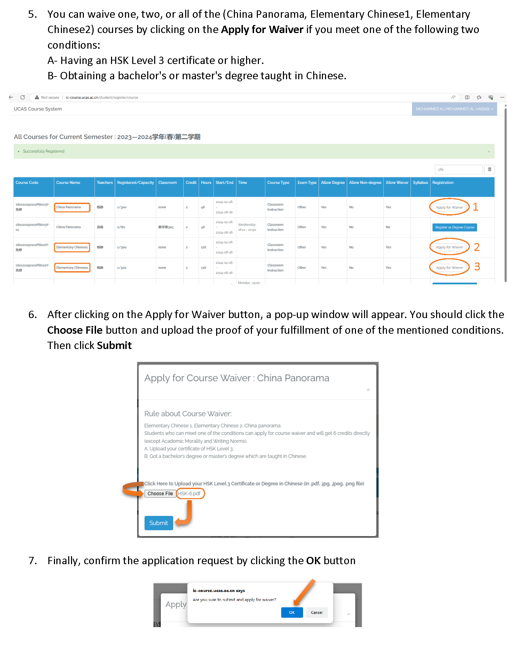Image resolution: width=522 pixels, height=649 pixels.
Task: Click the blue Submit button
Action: pyautogui.click(x=159, y=523)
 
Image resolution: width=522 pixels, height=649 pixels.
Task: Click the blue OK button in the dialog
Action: pyautogui.click(x=292, y=613)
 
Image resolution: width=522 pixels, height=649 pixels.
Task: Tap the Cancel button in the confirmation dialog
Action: pyautogui.click(x=316, y=613)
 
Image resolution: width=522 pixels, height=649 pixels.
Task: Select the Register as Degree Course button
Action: pyautogui.click(x=454, y=227)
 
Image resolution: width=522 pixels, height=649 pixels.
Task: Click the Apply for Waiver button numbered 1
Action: pyautogui.click(x=449, y=207)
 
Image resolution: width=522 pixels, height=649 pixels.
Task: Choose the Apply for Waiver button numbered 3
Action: pyautogui.click(x=449, y=268)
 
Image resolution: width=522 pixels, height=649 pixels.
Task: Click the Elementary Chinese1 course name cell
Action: pyautogui.click(x=72, y=248)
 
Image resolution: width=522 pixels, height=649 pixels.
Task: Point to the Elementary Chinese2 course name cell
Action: pyautogui.click(x=72, y=268)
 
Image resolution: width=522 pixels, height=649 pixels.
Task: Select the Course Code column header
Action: pyautogui.click(x=27, y=182)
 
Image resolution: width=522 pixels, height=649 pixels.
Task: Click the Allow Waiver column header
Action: pyautogui.click(x=397, y=182)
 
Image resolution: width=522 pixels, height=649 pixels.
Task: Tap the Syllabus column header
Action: pyautogui.click(x=420, y=182)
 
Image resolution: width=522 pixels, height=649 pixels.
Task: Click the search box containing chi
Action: pyautogui.click(x=458, y=170)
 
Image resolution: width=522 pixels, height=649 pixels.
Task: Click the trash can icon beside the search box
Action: pyautogui.click(x=489, y=170)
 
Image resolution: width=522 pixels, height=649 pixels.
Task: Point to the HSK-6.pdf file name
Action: pyautogui.click(x=189, y=494)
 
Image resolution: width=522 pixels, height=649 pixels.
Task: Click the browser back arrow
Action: pyautogui.click(x=11, y=97)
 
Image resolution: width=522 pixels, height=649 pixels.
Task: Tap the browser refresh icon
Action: pyautogui.click(x=23, y=97)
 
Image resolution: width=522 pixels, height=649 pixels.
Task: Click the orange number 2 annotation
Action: pyautogui.click(x=477, y=247)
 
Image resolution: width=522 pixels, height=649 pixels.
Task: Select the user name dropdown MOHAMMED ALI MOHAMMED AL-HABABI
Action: pyautogui.click(x=454, y=109)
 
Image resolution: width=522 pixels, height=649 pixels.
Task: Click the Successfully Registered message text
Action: pyautogui.click(x=43, y=151)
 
